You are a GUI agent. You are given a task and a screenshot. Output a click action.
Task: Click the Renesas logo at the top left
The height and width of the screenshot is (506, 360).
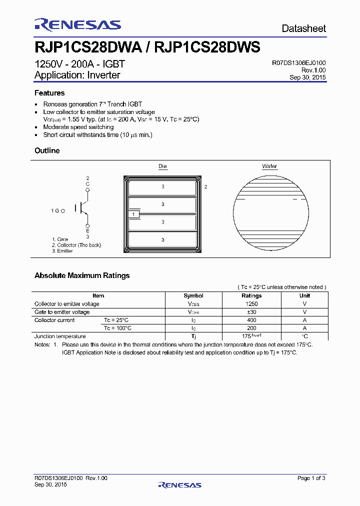point(77,25)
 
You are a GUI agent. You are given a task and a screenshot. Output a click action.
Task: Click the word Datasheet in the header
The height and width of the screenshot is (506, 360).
point(303,29)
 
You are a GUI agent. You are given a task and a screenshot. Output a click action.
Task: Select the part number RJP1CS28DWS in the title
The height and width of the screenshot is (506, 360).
point(207,47)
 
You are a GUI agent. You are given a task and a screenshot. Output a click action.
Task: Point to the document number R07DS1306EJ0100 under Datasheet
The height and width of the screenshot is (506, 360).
point(298,63)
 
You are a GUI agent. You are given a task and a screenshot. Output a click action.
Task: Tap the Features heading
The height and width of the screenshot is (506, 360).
point(49,93)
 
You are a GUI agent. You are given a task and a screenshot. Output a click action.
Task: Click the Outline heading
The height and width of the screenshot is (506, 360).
point(47,150)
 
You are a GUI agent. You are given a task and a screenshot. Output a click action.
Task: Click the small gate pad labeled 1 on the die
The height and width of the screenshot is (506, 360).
point(133,214)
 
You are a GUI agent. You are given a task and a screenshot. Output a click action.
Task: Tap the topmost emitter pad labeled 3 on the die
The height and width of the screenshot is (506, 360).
point(162,187)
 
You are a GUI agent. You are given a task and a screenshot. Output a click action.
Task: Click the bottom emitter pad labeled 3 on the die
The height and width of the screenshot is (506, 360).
point(162,240)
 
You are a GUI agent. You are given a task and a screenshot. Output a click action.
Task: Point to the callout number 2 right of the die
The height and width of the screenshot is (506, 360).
point(205,186)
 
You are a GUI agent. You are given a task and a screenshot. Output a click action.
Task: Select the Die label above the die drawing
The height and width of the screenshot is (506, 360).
point(163,166)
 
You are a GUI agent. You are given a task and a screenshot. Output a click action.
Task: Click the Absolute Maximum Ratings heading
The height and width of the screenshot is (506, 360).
point(82,275)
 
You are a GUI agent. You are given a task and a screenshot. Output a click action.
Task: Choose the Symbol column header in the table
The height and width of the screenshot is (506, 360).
point(193,295)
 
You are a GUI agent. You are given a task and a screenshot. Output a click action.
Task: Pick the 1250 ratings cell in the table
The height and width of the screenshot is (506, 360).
point(251,303)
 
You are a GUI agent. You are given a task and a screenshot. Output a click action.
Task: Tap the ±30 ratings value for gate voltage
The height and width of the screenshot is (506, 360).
point(251,312)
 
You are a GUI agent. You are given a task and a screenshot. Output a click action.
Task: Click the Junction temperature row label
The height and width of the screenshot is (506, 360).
point(60,336)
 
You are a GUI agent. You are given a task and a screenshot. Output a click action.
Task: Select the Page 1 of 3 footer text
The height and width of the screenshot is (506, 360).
point(311,478)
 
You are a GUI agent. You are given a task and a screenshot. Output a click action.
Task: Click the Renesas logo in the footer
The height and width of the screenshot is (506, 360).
point(179,484)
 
